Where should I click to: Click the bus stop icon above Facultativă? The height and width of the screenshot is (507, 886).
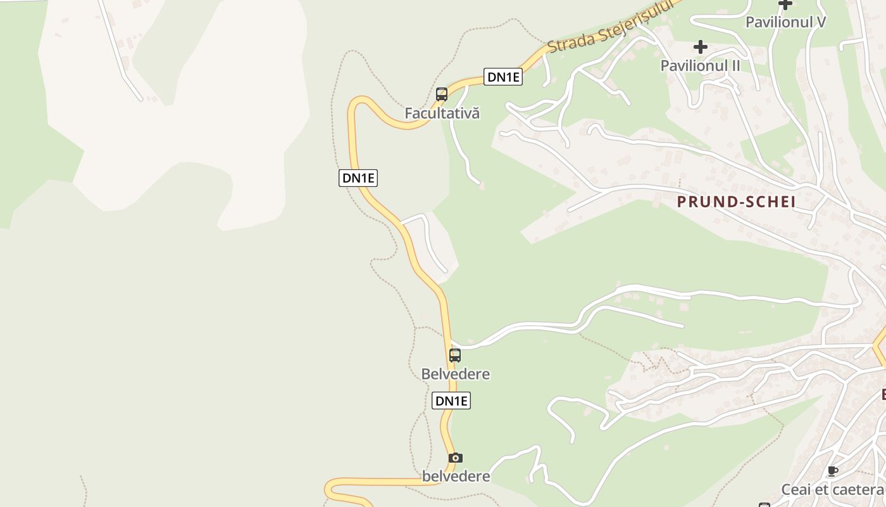click(x=442, y=94)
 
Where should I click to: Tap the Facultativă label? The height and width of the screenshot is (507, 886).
click(x=442, y=113)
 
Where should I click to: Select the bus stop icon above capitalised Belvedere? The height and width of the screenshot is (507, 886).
click(x=455, y=356)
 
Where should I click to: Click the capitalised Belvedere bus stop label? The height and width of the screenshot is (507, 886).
click(x=456, y=374)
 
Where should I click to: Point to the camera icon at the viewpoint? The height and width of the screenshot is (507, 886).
click(x=455, y=458)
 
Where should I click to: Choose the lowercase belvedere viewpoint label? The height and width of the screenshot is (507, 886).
click(x=456, y=476)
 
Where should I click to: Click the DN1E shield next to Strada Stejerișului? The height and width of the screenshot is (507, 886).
click(x=503, y=77)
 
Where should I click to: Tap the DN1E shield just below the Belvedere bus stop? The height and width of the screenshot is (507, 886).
click(x=451, y=401)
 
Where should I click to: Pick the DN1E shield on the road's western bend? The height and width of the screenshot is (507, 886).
click(x=358, y=178)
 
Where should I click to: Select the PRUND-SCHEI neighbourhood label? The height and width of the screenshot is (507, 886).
click(x=736, y=202)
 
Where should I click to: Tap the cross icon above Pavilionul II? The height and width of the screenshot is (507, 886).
click(x=701, y=47)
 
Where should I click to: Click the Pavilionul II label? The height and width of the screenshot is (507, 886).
click(x=701, y=65)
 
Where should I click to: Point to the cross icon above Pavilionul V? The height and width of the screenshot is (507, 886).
click(x=785, y=4)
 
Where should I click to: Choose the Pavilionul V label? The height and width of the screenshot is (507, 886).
click(x=786, y=22)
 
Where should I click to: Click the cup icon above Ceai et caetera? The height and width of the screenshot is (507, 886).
click(x=833, y=471)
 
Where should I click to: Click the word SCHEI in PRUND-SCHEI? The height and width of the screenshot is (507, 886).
click(x=766, y=202)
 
